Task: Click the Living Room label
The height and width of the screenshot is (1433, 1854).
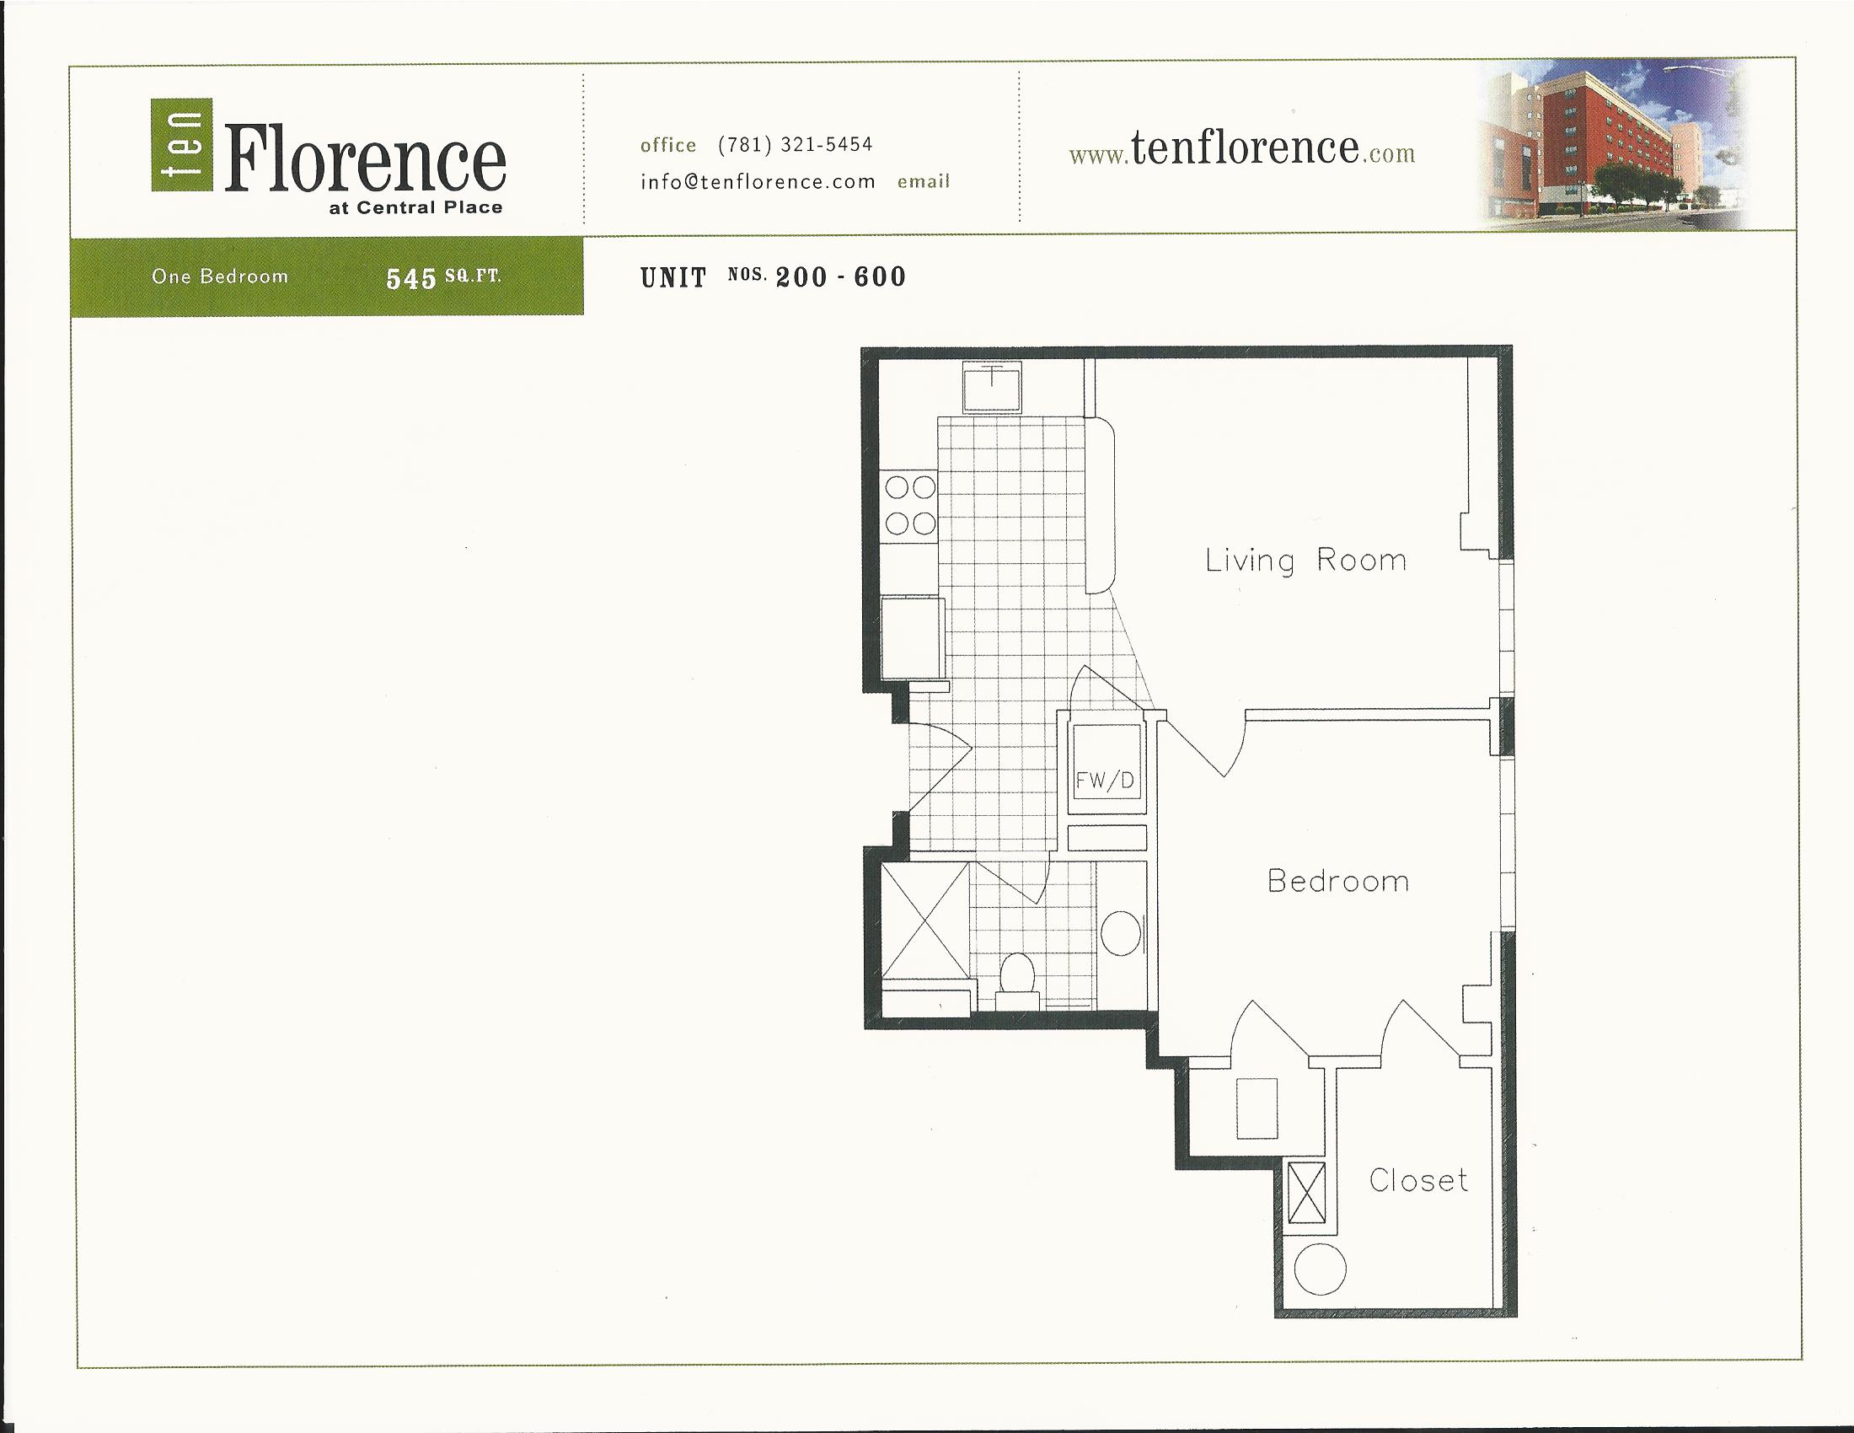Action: click(1305, 561)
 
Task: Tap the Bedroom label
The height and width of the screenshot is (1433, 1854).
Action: click(1338, 881)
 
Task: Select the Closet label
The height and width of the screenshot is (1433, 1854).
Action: click(1417, 1180)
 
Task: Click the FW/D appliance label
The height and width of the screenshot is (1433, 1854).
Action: click(1105, 781)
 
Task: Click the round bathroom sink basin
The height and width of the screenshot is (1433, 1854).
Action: click(1121, 934)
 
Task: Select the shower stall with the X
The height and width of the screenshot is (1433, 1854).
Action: click(924, 921)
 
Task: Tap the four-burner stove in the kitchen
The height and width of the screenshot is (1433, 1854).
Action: click(911, 505)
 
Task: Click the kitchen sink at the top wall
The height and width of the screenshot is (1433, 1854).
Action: click(992, 387)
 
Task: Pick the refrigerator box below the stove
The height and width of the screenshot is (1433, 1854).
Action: click(913, 636)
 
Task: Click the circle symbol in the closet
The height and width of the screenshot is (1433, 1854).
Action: click(1320, 1270)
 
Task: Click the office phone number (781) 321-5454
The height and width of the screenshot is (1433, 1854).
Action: click(796, 144)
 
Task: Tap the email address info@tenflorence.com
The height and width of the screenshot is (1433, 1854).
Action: click(758, 182)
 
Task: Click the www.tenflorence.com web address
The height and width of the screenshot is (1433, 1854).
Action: click(1242, 149)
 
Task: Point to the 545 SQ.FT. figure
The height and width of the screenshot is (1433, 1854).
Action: click(443, 278)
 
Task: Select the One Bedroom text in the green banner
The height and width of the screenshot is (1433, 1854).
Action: click(220, 276)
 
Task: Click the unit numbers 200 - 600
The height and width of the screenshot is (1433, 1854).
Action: click(840, 277)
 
